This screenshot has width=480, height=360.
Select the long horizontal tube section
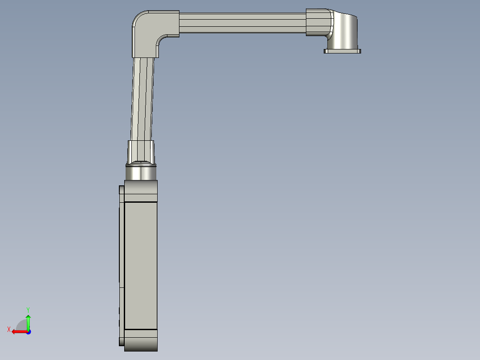click(x=243, y=22)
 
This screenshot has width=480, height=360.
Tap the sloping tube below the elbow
click(x=142, y=98)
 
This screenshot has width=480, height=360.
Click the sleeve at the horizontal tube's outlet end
click(x=318, y=22)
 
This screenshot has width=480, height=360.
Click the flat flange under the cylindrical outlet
click(x=342, y=51)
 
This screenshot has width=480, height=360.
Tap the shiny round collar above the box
click(x=141, y=172)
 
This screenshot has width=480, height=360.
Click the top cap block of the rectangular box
click(x=141, y=191)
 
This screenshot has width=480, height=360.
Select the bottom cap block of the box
click(x=141, y=340)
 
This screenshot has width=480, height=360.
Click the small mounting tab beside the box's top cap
click(x=122, y=190)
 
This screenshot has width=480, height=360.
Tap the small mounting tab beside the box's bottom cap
click(x=122, y=341)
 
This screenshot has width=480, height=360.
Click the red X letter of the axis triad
click(x=9, y=329)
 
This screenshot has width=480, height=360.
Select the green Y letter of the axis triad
click(x=28, y=309)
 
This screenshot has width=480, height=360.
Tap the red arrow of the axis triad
click(x=18, y=331)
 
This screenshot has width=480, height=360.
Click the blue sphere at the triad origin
click(x=28, y=332)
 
